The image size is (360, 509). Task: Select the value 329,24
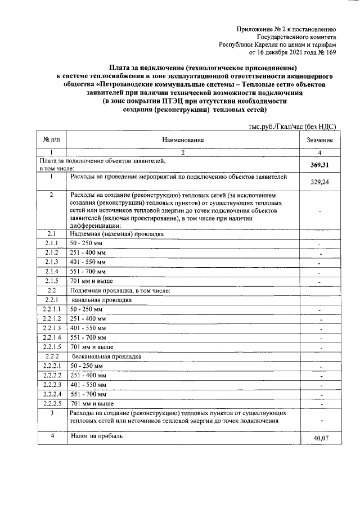pyautogui.click(x=319, y=182)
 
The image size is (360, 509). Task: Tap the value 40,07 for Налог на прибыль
pyautogui.click(x=319, y=438)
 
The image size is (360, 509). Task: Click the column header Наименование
pyautogui.click(x=183, y=139)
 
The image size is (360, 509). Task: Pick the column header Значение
pyautogui.click(x=319, y=139)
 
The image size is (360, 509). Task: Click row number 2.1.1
pyautogui.click(x=51, y=242)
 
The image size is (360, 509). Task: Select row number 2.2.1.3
pyautogui.click(x=51, y=328)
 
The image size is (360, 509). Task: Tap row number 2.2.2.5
pyautogui.click(x=51, y=404)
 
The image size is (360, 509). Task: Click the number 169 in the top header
pyautogui.click(x=331, y=53)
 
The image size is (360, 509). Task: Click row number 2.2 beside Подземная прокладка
pyautogui.click(x=51, y=290)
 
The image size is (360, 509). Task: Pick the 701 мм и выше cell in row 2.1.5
pyautogui.click(x=92, y=281)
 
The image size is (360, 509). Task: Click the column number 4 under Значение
pyautogui.click(x=319, y=152)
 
